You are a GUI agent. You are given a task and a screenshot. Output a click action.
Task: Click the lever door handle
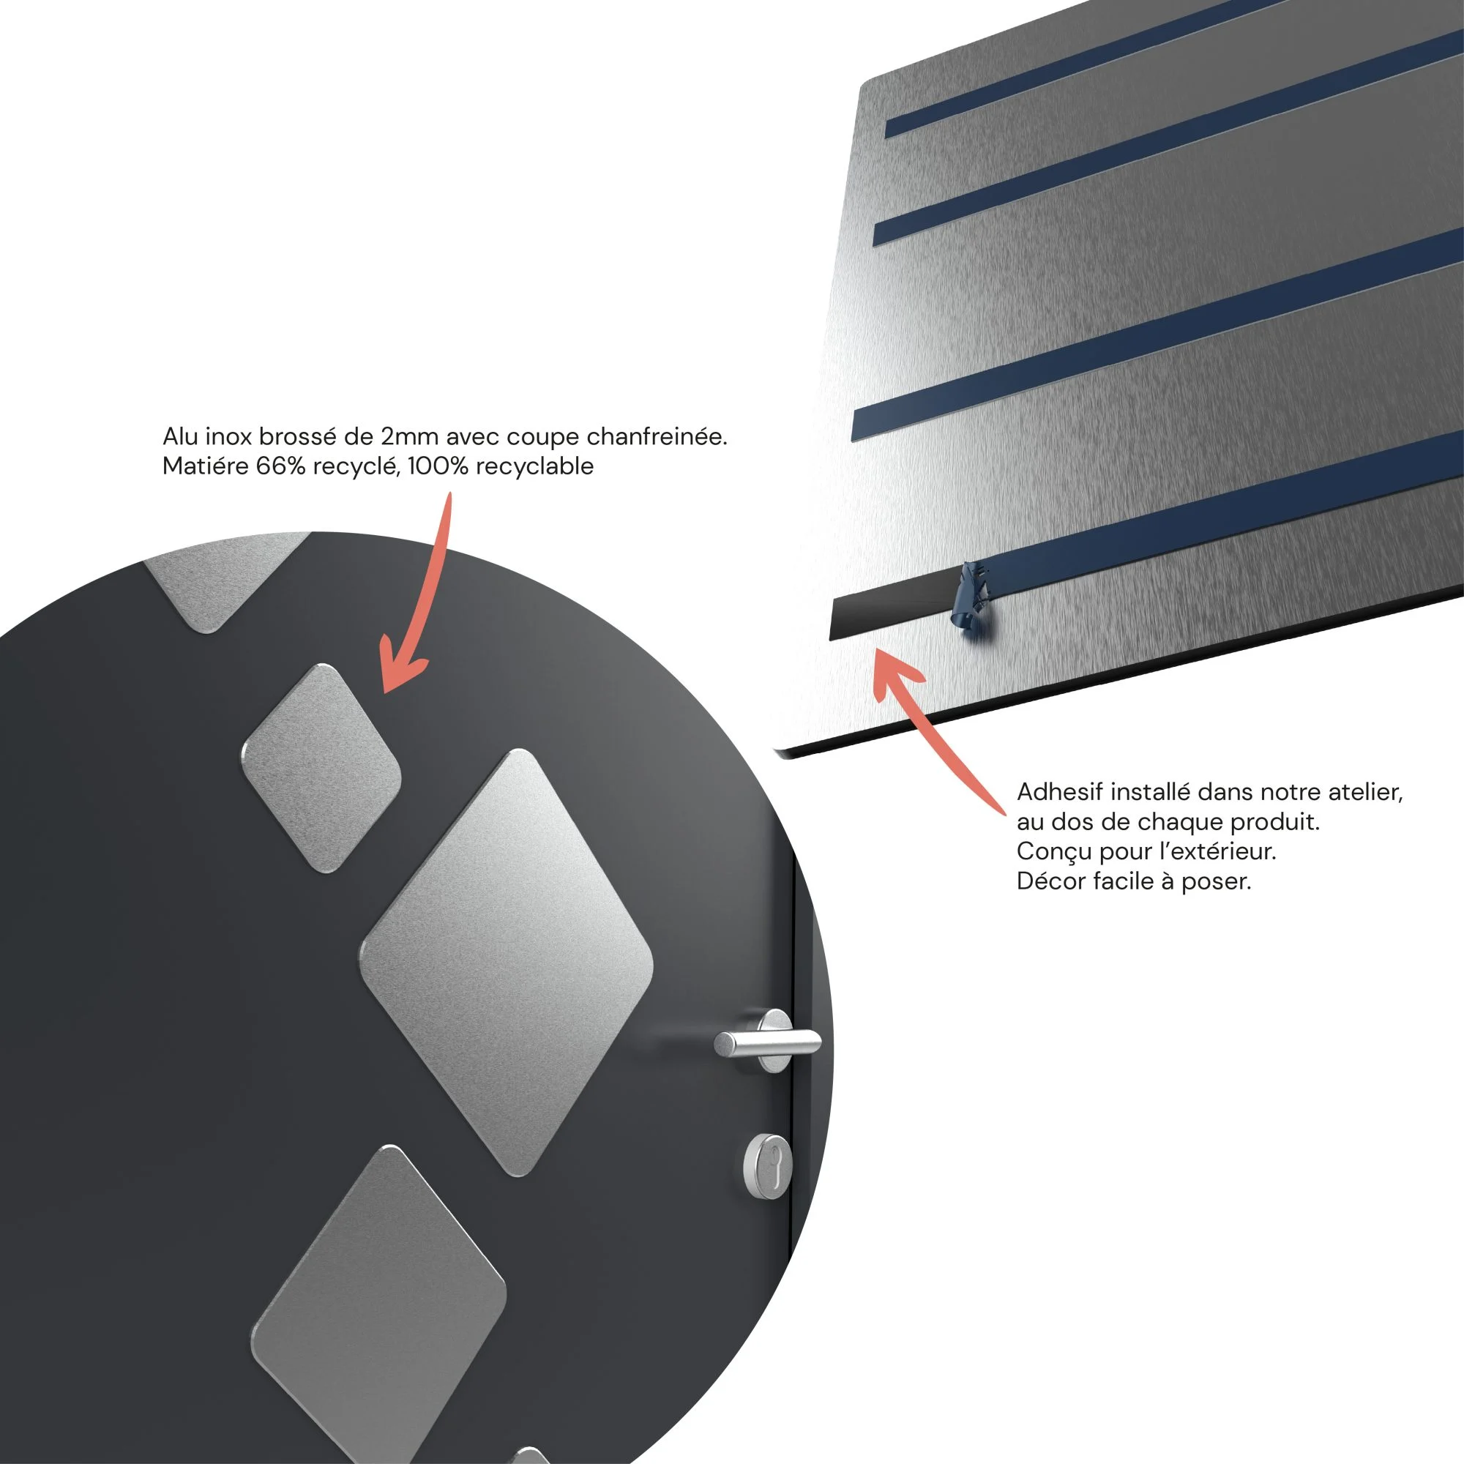click(767, 1042)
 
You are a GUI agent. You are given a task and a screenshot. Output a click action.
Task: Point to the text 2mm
click(409, 437)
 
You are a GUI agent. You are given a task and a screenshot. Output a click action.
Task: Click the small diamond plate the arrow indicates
click(321, 768)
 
